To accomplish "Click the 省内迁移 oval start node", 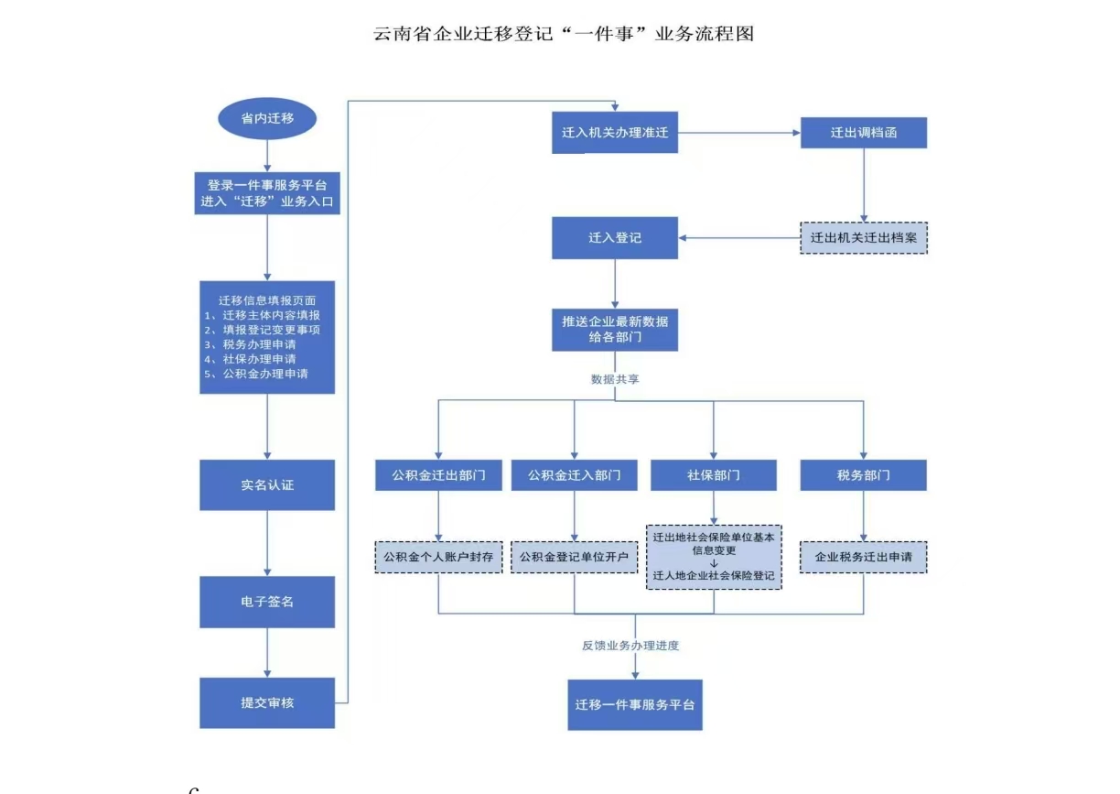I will [266, 118].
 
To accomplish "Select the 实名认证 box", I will [267, 484].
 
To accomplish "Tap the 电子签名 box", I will [267, 602].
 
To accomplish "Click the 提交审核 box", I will [267, 702].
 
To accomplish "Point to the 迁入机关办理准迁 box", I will [615, 133].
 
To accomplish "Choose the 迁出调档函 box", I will [864, 133].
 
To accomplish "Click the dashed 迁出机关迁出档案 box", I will [864, 237].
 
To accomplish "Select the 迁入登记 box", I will [615, 237].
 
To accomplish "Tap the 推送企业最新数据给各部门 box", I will [615, 330].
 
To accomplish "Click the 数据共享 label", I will [615, 377].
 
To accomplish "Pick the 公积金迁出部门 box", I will [439, 475].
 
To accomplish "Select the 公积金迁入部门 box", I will [575, 475].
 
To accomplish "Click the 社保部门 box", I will [714, 475].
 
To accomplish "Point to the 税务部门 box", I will [864, 475].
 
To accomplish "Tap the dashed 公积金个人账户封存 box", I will [439, 557].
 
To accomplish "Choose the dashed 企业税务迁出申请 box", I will [864, 557].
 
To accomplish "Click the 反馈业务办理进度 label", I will [630, 646].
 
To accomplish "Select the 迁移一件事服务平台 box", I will [635, 704].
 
